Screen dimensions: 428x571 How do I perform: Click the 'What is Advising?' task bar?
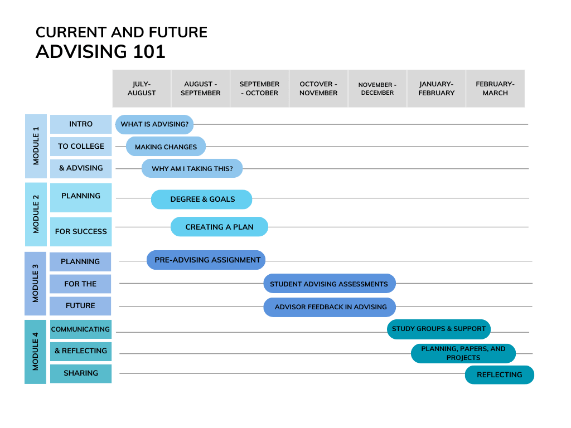click(x=154, y=124)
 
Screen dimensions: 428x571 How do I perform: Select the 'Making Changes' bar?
click(x=166, y=147)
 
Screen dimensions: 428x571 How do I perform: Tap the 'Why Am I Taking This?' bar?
click(x=192, y=168)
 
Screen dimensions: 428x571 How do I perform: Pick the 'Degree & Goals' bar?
click(x=202, y=200)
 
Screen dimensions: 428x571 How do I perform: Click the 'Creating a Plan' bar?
click(x=219, y=227)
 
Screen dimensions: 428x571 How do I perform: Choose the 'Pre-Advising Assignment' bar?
click(x=206, y=260)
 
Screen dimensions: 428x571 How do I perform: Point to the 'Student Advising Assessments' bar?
click(x=329, y=284)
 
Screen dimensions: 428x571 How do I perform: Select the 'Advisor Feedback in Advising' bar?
click(x=330, y=307)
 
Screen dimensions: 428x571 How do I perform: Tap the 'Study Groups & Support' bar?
click(x=438, y=329)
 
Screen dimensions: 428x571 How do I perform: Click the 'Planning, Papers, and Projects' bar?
click(x=463, y=353)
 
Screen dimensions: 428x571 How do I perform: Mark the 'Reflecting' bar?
click(x=499, y=375)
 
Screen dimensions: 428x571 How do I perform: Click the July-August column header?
click(x=142, y=89)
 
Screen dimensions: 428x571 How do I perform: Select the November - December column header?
click(x=378, y=89)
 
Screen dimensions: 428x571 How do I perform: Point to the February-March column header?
click(x=495, y=89)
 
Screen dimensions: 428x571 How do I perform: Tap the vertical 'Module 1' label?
click(x=36, y=146)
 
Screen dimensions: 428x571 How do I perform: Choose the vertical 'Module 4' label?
click(x=35, y=351)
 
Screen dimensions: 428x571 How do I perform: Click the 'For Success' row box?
click(x=81, y=231)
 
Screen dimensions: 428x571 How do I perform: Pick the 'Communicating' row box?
click(x=81, y=329)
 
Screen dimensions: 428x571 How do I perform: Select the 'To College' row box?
click(x=81, y=147)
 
